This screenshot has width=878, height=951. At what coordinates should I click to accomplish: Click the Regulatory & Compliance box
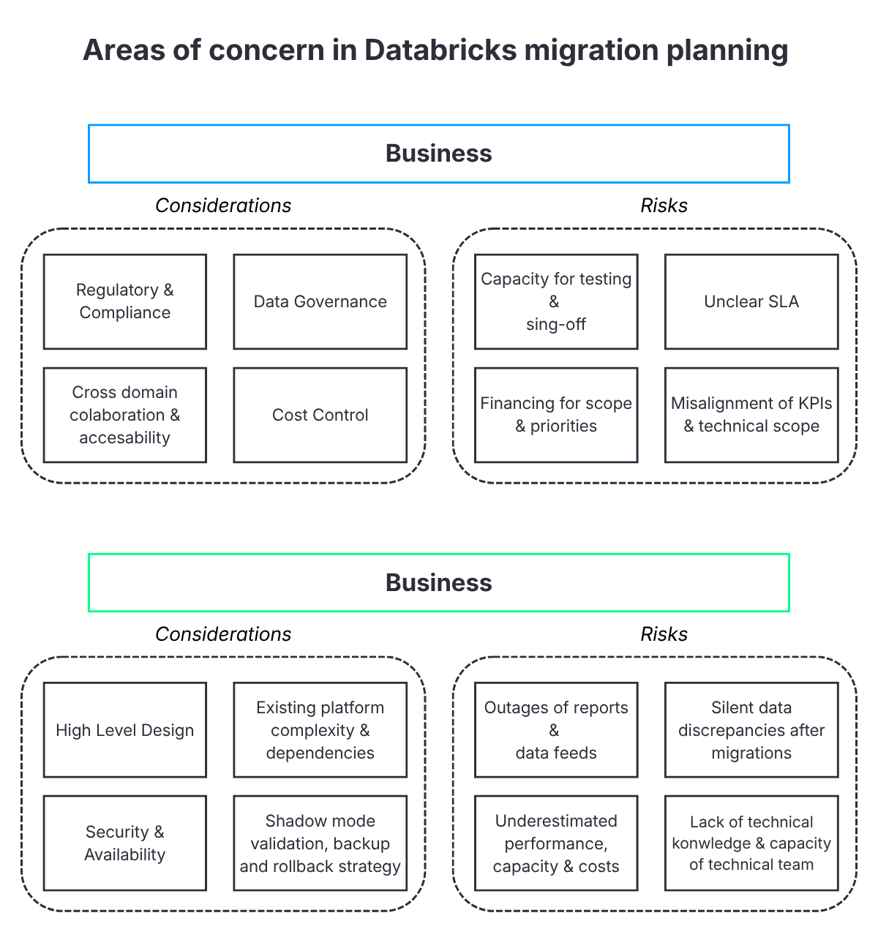point(125,301)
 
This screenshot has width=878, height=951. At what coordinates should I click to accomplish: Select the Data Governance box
point(320,301)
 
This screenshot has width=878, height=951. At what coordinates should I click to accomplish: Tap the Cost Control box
point(320,415)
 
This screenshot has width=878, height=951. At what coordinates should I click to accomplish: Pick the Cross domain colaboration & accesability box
point(125,415)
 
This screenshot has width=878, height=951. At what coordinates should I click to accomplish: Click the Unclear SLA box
point(751,301)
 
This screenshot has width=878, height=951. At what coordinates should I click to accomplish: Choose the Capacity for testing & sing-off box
point(556,301)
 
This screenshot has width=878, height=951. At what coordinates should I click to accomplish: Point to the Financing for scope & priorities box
point(556,415)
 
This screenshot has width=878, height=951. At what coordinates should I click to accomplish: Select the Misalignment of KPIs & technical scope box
point(751,415)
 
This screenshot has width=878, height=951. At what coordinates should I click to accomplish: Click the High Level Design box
point(125,730)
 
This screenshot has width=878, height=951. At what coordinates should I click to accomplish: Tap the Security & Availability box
point(125,843)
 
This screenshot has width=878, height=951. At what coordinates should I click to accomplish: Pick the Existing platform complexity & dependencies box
point(320,730)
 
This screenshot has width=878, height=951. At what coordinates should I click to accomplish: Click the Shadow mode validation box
point(320,843)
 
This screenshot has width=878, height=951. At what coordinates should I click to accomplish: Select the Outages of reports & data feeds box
point(556,730)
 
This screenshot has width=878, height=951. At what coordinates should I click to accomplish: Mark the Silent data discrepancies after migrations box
point(751,730)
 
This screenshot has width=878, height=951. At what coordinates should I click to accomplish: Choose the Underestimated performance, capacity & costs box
point(556,843)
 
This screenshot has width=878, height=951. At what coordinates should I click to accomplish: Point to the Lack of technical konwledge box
point(751,843)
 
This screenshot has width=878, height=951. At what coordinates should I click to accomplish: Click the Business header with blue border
point(439,154)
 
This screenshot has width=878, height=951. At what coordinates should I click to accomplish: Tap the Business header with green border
point(439,582)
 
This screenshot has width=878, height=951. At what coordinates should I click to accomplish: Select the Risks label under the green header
point(664,634)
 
